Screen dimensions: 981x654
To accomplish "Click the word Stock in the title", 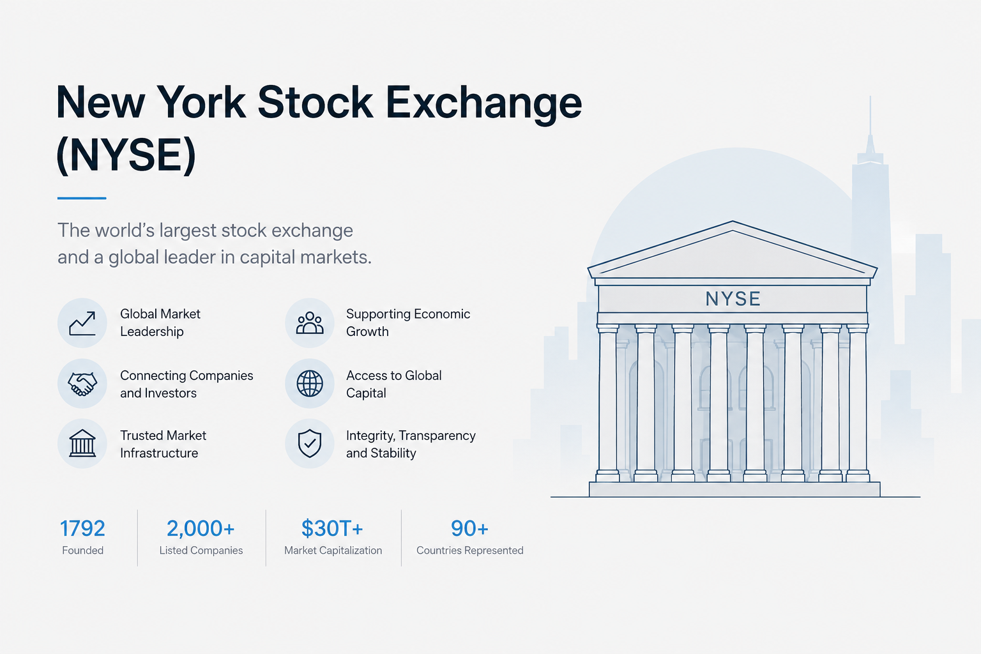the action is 316,102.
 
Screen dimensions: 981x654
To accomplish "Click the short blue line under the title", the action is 82,198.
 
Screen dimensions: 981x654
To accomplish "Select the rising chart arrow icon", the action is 82,323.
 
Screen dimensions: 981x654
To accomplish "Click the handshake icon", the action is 82,384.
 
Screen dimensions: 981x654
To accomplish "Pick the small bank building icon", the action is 82,443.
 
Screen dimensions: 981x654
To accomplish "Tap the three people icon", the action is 310,323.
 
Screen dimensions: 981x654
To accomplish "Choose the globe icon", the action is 310,384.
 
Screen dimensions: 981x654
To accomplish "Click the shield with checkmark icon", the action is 310,443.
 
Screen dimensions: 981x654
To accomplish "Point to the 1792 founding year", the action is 82,528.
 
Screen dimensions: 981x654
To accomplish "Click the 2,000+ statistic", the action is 201,528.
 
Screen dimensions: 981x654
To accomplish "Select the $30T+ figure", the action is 332,528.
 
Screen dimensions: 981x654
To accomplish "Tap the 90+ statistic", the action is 469,528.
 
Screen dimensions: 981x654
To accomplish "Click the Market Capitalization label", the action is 333,551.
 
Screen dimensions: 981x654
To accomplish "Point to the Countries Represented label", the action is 470,551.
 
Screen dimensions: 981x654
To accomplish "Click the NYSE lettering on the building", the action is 733,299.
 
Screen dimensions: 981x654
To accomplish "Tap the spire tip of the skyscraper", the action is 871,96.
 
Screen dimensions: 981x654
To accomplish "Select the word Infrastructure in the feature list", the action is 159,453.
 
